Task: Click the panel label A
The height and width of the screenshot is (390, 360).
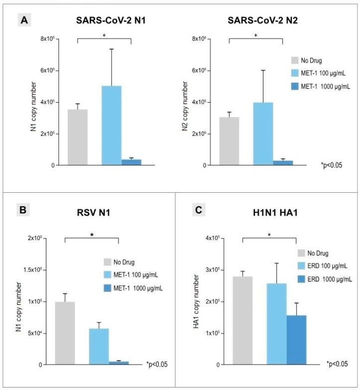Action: pyautogui.click(x=23, y=20)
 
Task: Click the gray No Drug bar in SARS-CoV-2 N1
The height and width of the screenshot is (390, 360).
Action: pyautogui.click(x=78, y=137)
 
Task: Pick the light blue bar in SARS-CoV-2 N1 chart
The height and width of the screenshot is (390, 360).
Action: pyautogui.click(x=112, y=125)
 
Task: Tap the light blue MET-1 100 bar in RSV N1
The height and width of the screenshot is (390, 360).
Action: pyautogui.click(x=99, y=346)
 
